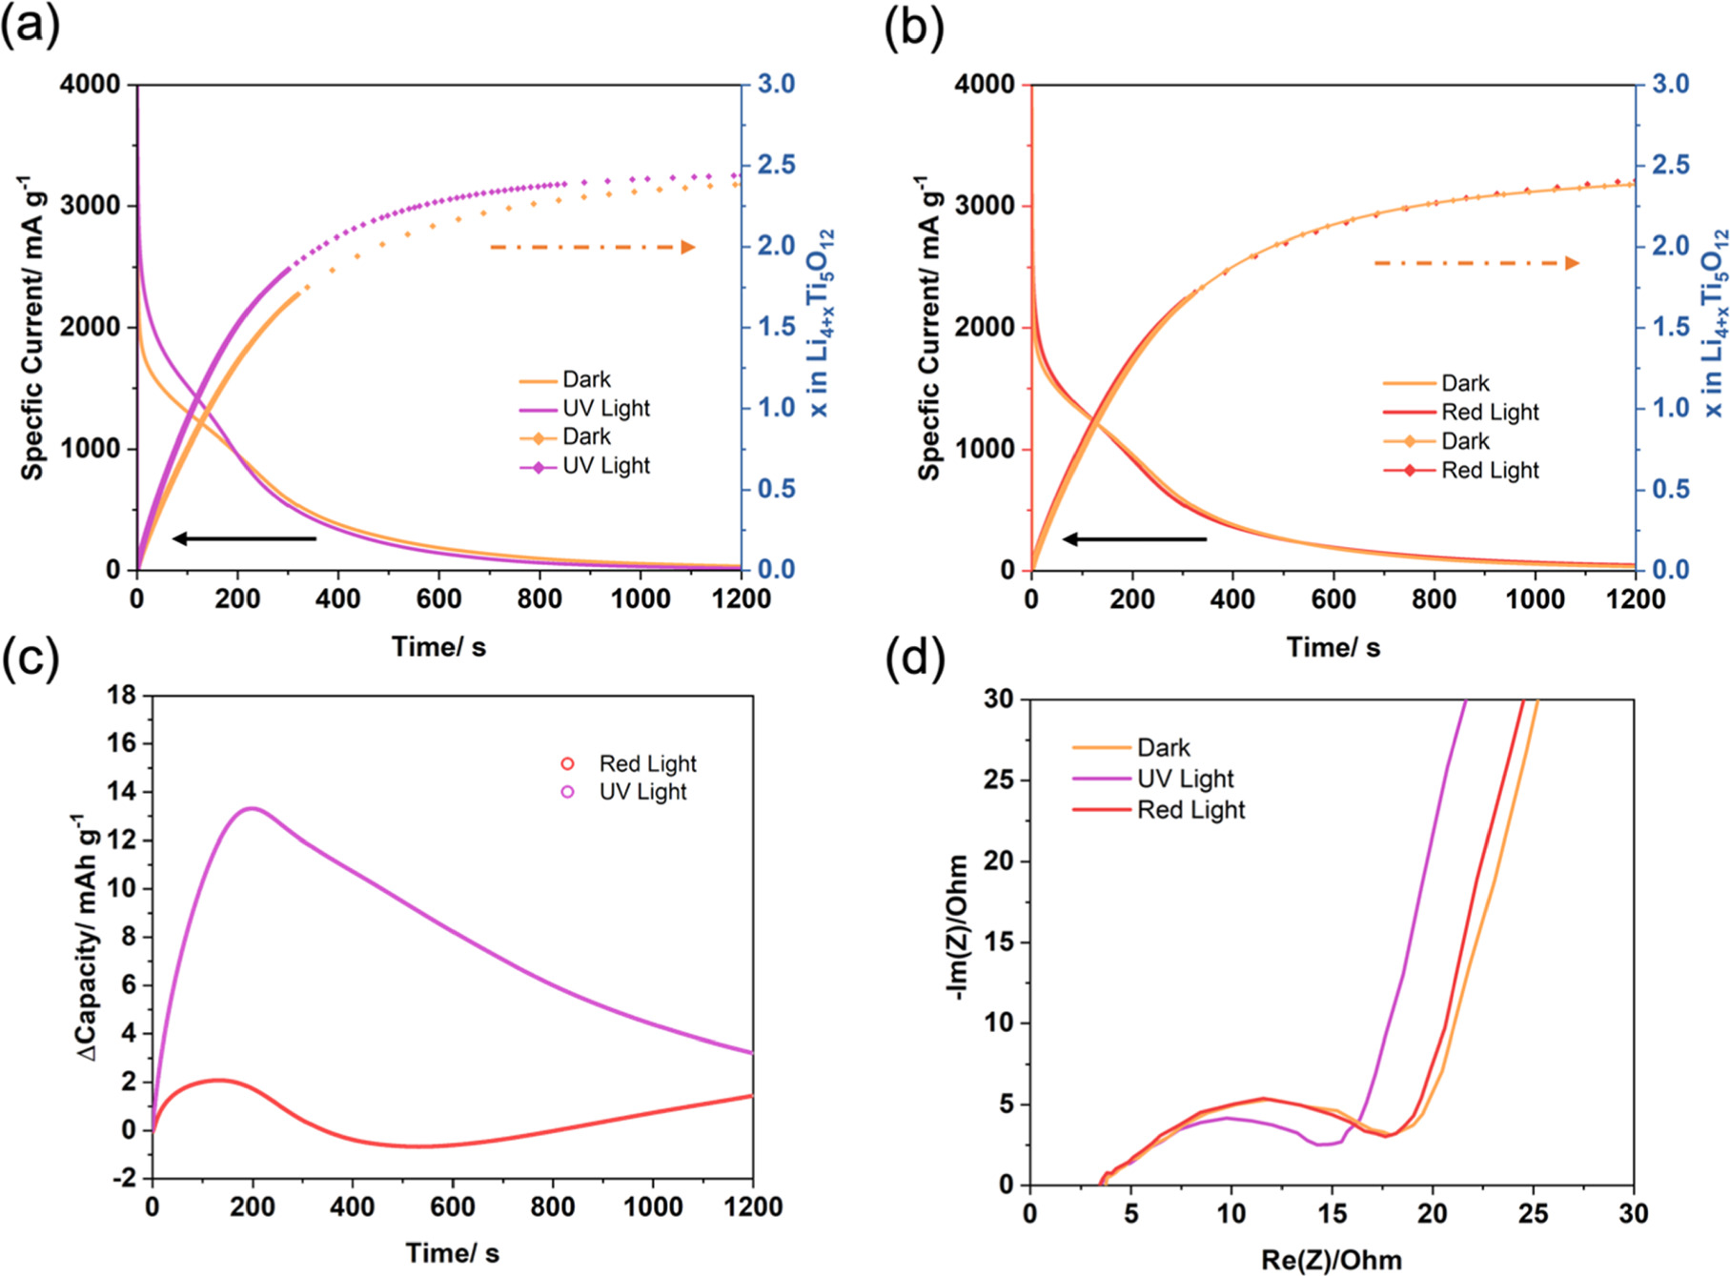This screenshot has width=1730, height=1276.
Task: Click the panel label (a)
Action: click(30, 26)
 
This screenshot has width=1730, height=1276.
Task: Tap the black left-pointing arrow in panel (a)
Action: click(244, 539)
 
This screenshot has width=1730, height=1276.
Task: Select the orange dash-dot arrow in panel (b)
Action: click(1476, 263)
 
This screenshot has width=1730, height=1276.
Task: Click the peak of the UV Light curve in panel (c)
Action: click(251, 809)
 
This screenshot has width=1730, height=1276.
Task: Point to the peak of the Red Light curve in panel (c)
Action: click(220, 1080)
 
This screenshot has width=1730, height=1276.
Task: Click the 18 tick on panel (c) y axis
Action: click(121, 696)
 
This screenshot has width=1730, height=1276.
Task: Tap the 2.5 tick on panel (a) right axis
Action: click(776, 165)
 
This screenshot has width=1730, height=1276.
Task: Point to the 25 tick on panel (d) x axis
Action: click(1534, 1214)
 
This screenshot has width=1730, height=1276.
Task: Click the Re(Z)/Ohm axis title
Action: click(1331, 1260)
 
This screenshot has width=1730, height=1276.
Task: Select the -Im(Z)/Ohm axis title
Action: click(957, 927)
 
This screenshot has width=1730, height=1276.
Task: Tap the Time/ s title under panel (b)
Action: click(1333, 648)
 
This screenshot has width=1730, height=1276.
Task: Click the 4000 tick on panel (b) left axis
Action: click(984, 84)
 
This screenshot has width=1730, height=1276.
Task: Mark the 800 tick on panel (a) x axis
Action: click(539, 599)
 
